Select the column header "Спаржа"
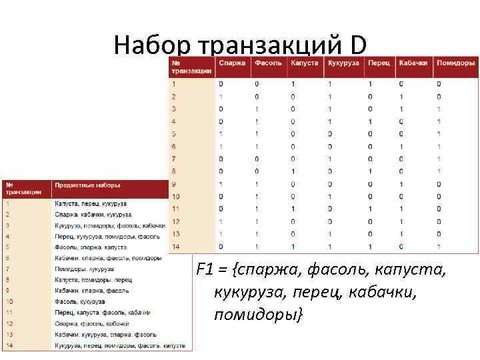point(232,63)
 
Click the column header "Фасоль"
point(268,63)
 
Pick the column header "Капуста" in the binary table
point(305,63)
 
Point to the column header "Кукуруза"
point(343,63)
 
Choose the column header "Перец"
point(379,63)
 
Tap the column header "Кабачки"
point(413,63)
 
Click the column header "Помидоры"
point(456,63)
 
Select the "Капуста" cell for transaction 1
point(293,84)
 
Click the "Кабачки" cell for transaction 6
point(401,147)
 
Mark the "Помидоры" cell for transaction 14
point(439,247)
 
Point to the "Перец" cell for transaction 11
point(370,209)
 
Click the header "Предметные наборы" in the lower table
point(87,184)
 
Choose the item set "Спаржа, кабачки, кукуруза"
point(93,215)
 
